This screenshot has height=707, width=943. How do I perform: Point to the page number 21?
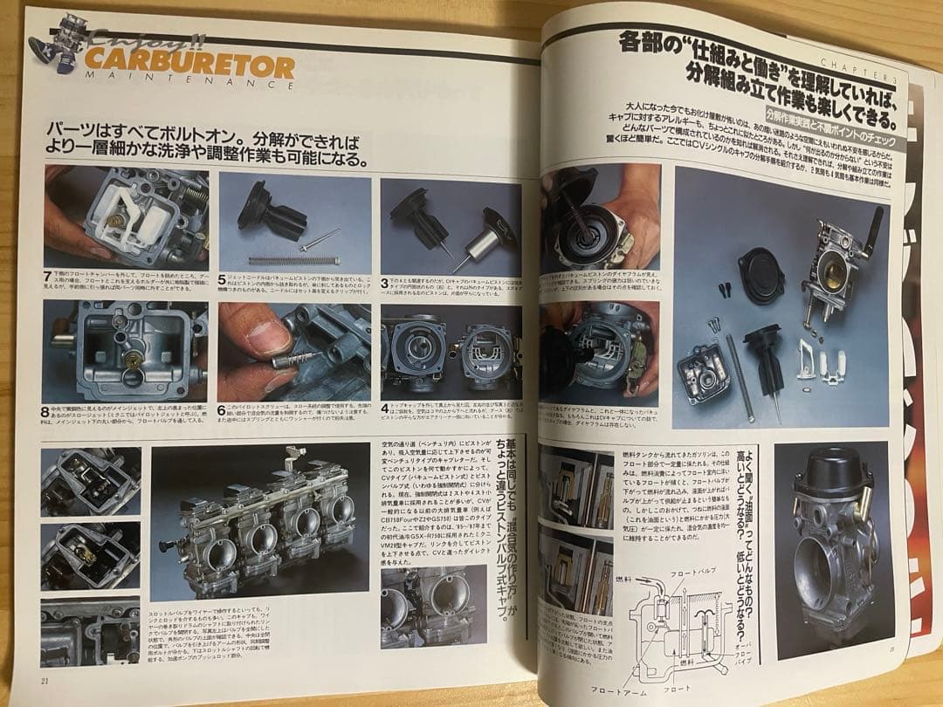tap(45, 680)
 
